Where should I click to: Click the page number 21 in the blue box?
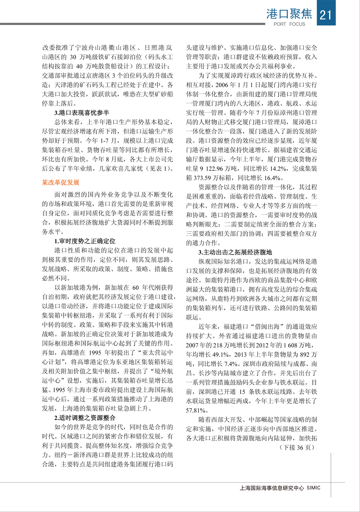click(x=326, y=14)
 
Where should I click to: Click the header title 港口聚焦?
click(x=289, y=14)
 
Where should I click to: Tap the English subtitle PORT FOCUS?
click(x=289, y=24)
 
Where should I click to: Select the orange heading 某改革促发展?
click(x=61, y=182)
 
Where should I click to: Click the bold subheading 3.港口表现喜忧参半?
click(x=82, y=113)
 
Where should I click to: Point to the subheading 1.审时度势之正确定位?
click(x=85, y=241)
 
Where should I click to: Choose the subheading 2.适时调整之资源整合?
click(x=85, y=418)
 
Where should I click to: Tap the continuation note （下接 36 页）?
click(x=297, y=448)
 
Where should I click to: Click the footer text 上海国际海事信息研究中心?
click(x=272, y=488)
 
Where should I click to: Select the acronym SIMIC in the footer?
click(x=313, y=488)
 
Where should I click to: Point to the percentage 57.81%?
click(x=196, y=410)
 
